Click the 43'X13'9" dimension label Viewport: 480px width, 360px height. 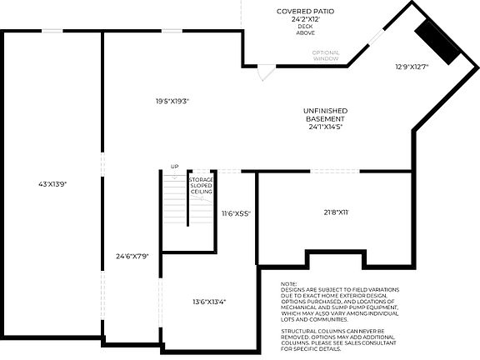click(52, 183)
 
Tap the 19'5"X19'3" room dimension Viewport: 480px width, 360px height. click(172, 102)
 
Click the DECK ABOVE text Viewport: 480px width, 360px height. click(305, 31)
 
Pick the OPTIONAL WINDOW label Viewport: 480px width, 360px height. click(326, 56)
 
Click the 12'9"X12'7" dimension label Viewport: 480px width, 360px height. click(411, 67)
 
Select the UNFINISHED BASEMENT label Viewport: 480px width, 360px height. click(326, 115)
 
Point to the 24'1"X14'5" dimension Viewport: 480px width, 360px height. click(326, 127)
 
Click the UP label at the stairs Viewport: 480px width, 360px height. click(174, 167)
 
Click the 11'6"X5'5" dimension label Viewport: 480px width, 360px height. click(236, 214)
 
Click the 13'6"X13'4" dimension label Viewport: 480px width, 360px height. click(208, 302)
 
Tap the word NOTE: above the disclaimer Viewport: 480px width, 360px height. click(289, 284)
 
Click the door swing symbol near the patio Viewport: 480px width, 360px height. click(263, 74)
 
